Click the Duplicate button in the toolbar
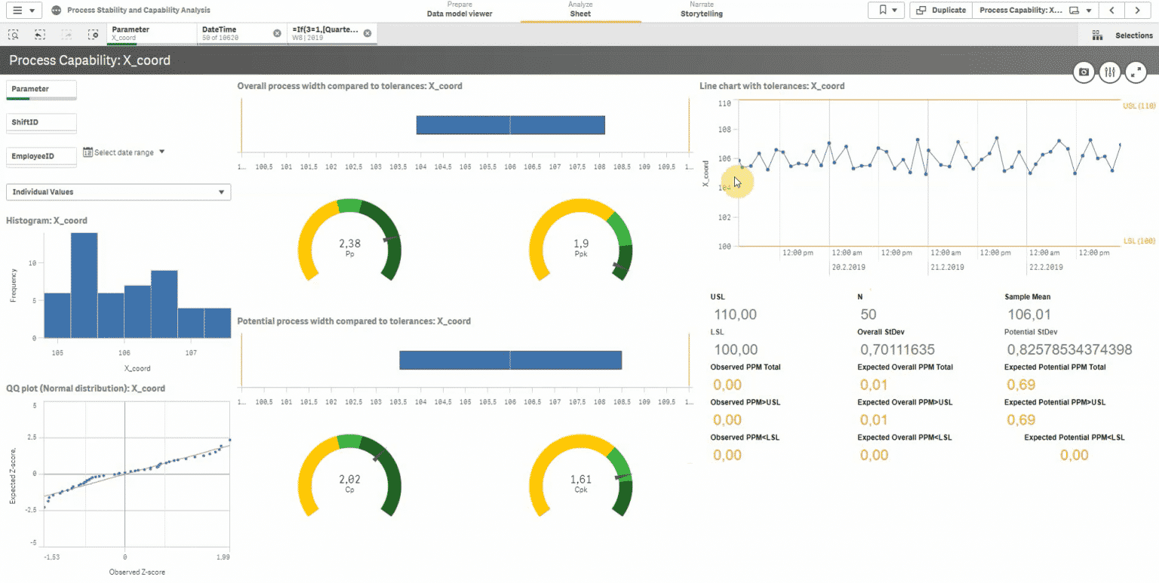941,11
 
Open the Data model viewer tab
459,14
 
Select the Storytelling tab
701,14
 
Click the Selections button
1124,35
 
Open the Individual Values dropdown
118,192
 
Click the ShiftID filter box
42,122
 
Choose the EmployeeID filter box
42,156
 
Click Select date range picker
124,152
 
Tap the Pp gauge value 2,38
349,244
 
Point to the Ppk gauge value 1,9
581,244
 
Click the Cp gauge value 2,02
349,479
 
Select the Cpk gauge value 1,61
581,479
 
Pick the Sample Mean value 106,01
1028,315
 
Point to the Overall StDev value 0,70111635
897,350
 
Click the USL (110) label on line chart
1139,106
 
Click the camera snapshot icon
1084,72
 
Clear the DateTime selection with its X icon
277,33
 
